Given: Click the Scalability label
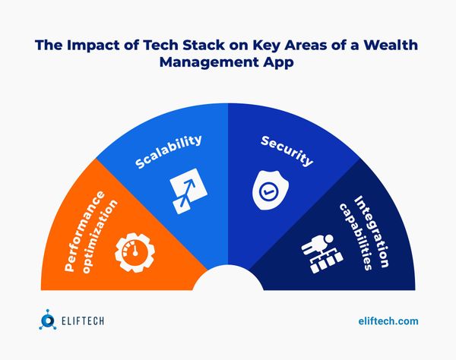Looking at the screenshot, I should point(169,152).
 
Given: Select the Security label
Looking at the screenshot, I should point(287,150).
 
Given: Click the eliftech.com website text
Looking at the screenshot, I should point(388,321).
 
